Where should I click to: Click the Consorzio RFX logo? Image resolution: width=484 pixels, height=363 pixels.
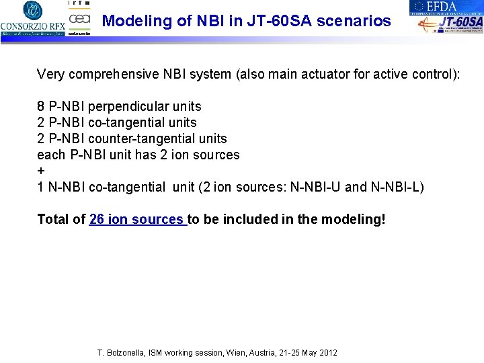pyautogui.click(x=32, y=18)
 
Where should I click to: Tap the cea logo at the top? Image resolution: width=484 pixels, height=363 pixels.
pyautogui.click(x=79, y=19)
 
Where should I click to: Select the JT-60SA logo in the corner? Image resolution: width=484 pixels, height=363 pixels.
pyautogui.click(x=450, y=24)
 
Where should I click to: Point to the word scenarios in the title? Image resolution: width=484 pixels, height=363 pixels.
pyautogui.click(x=355, y=21)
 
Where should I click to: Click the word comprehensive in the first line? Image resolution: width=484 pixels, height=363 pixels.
pyautogui.click(x=112, y=74)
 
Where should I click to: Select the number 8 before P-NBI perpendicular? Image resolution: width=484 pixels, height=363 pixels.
pyautogui.click(x=41, y=106)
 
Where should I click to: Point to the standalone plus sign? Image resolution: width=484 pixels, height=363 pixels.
pyautogui.click(x=40, y=171)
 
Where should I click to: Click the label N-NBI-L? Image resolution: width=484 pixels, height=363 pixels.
pyautogui.click(x=395, y=187)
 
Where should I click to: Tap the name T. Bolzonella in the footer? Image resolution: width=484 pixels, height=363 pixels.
pyautogui.click(x=121, y=353)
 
